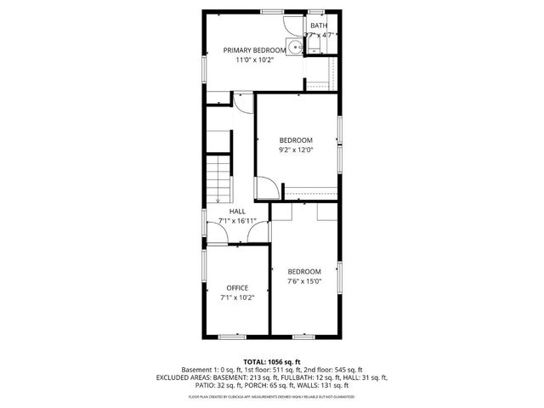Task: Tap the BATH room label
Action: click(x=319, y=25)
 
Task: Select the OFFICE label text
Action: click(x=237, y=287)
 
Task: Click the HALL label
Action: click(x=237, y=211)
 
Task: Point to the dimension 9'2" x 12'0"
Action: click(x=297, y=150)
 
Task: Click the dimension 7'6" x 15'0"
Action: click(x=303, y=281)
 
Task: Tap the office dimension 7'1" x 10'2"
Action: click(x=237, y=297)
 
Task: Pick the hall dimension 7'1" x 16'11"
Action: click(x=237, y=221)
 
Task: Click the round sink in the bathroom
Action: click(x=294, y=48)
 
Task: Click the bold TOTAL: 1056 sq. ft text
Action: click(x=272, y=362)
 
